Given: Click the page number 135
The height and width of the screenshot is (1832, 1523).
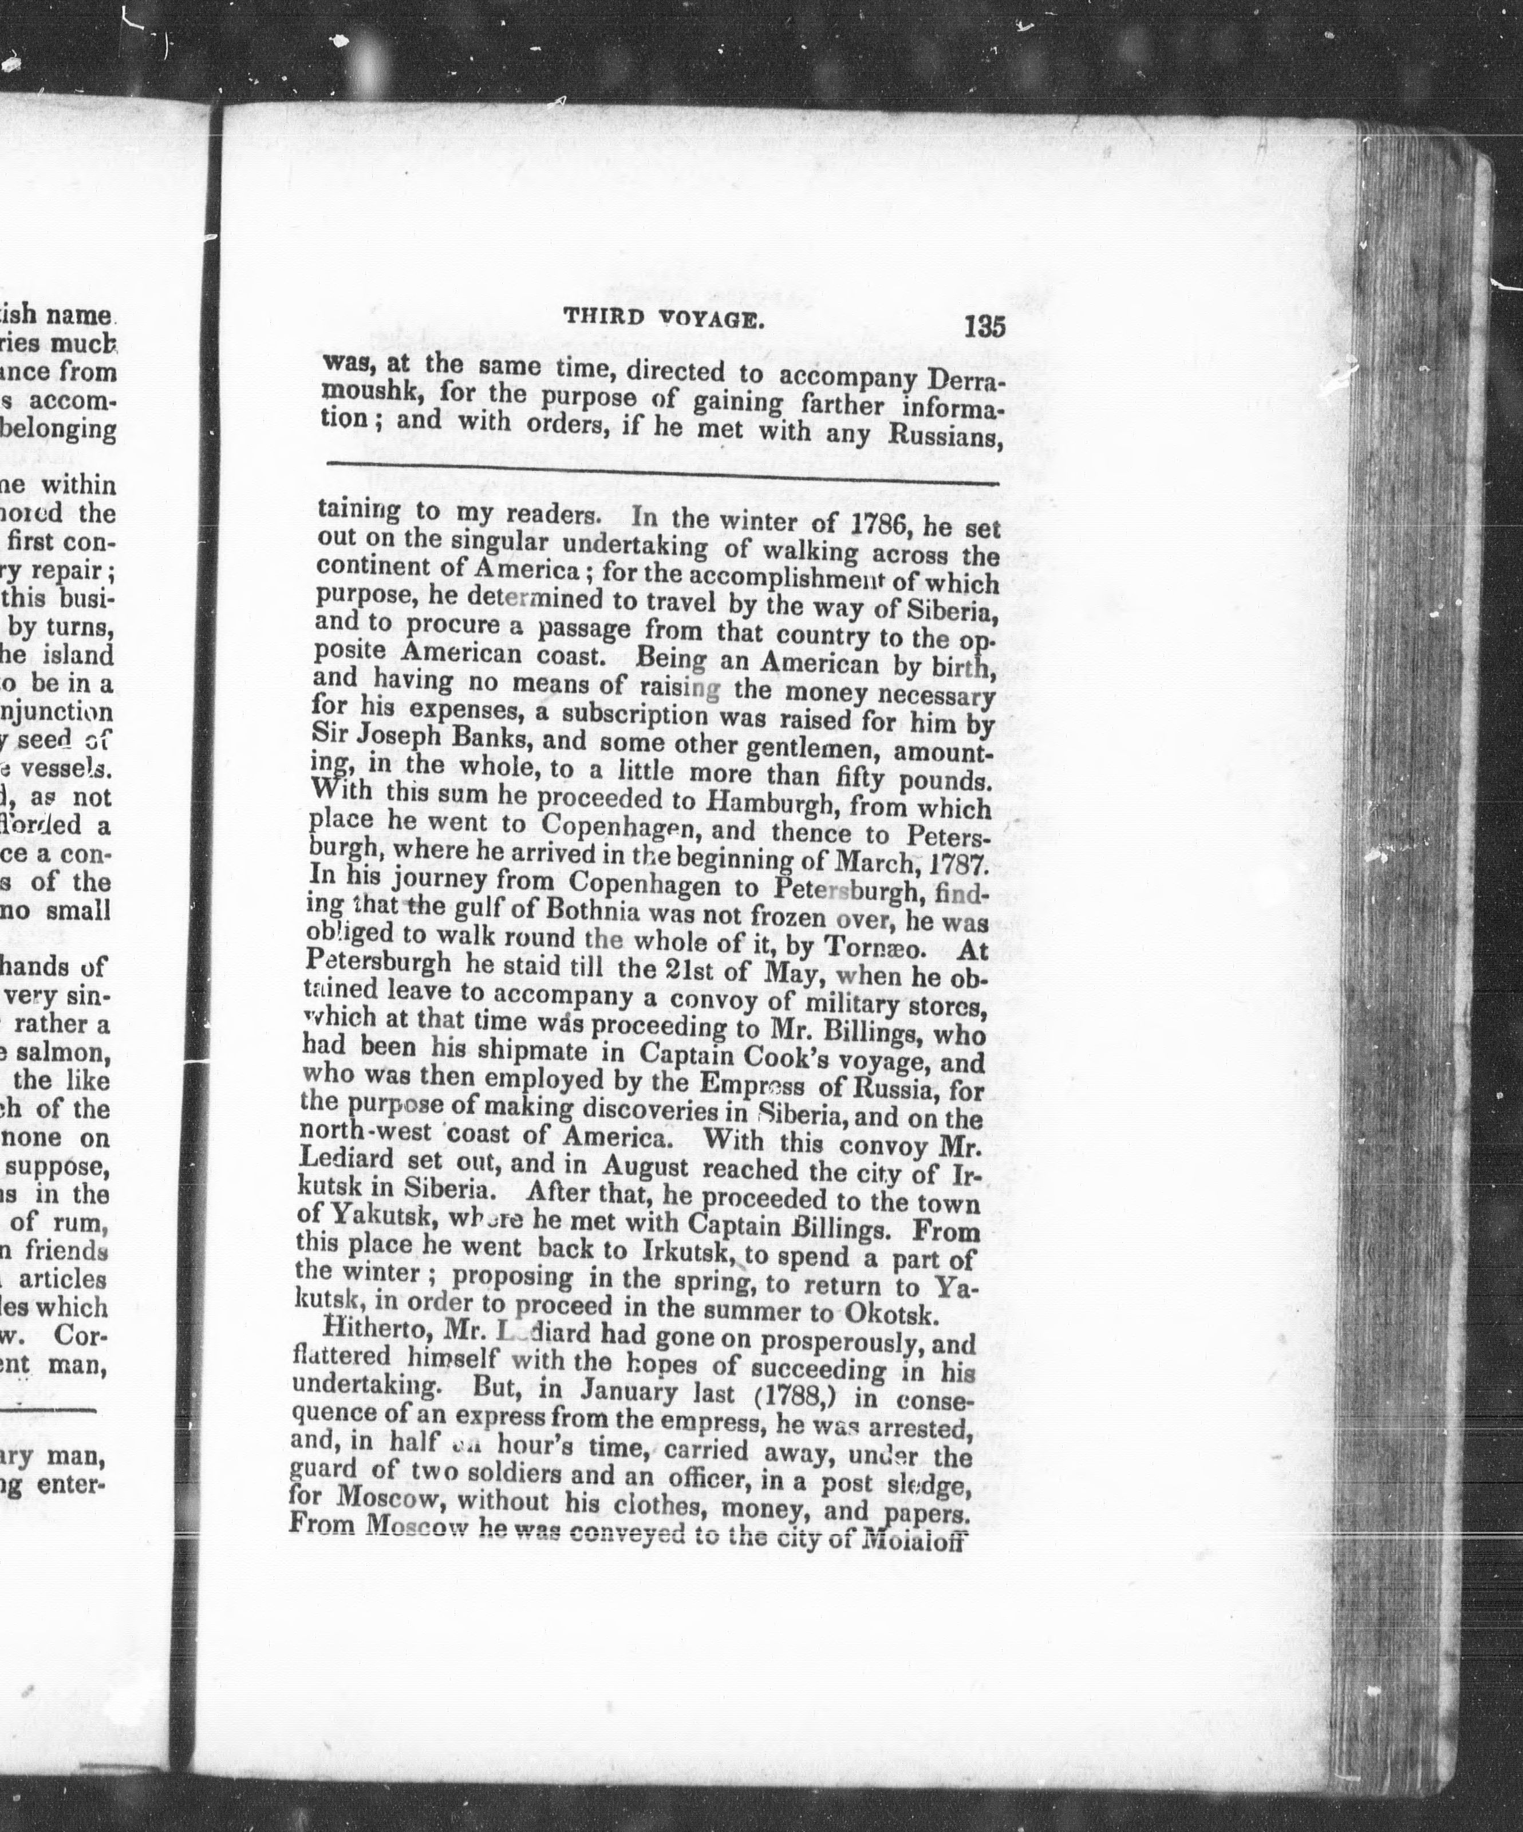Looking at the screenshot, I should pyautogui.click(x=985, y=326).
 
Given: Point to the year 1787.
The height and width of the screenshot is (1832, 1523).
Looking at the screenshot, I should pyautogui.click(x=957, y=866).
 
